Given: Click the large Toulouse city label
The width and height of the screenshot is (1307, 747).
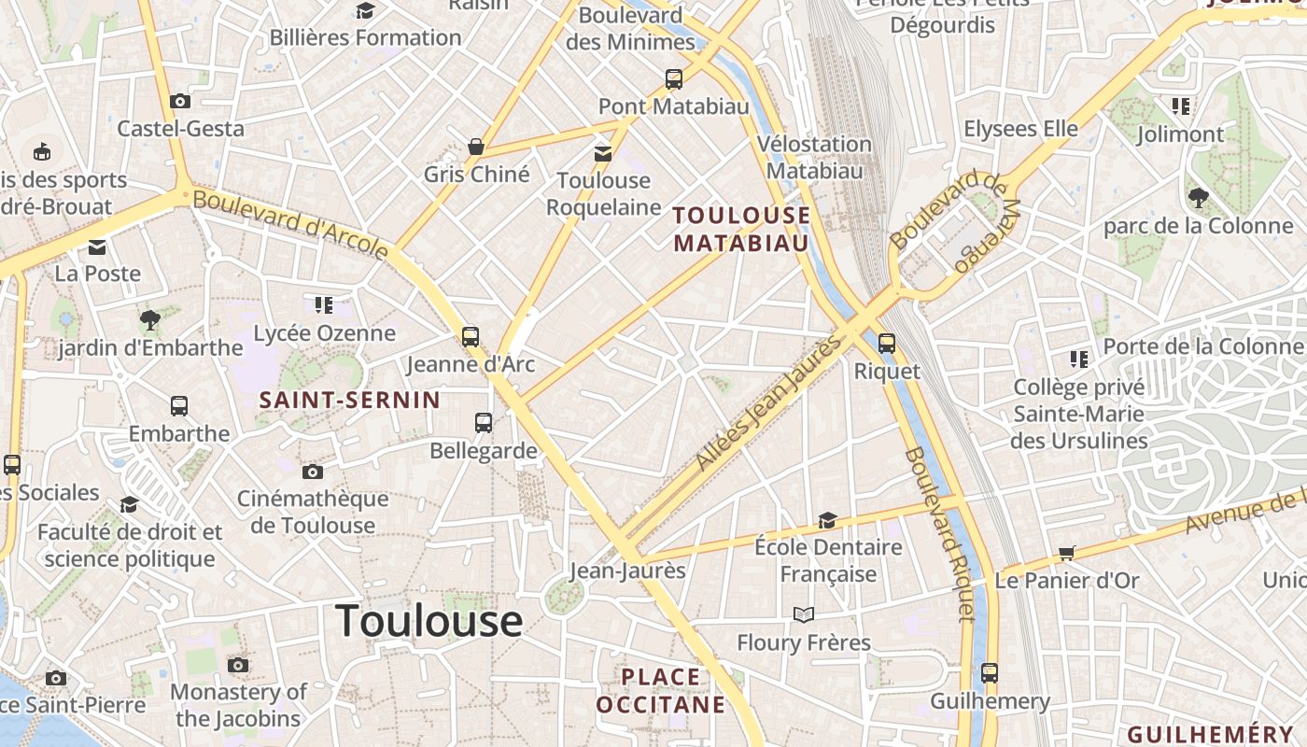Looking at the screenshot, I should coord(429,621).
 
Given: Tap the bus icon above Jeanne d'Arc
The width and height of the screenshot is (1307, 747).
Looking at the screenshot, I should coord(471,336).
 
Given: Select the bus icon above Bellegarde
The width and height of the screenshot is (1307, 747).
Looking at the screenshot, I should coord(484,423).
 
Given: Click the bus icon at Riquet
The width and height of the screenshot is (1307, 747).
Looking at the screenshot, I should coord(887,343).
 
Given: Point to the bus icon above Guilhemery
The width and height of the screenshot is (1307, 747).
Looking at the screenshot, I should coord(990,672).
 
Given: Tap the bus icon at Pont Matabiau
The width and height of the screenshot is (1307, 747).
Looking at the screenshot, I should coord(674,79).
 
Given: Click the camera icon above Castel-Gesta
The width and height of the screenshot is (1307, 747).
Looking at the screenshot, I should coord(180,101).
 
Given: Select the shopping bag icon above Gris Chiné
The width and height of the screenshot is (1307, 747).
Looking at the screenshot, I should coord(476,147).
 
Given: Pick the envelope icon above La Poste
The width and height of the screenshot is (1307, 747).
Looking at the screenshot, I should coord(97,247).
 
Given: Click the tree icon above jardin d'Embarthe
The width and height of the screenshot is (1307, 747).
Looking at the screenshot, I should coord(149,320).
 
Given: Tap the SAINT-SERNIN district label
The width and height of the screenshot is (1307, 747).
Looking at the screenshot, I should coord(349,401).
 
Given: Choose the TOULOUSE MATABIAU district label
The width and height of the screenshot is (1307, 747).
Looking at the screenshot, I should coord(741,229).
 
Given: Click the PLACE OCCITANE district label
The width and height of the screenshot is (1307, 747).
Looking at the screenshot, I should coord(660,690).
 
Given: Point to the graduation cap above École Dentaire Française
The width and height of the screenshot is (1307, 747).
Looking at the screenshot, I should coord(827,520).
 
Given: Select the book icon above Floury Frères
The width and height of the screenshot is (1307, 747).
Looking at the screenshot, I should coord(803,614).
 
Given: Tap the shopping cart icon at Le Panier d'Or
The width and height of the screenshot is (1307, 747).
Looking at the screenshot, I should coord(1067,553).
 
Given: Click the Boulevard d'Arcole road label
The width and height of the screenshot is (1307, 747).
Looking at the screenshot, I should coord(291,224).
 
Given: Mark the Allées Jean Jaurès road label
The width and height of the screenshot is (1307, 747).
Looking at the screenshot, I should coord(768,403).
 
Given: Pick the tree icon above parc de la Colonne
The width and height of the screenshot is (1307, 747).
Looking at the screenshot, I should coord(1199,197).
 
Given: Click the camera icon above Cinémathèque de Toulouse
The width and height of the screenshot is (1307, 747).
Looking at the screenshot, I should coord(313,472).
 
